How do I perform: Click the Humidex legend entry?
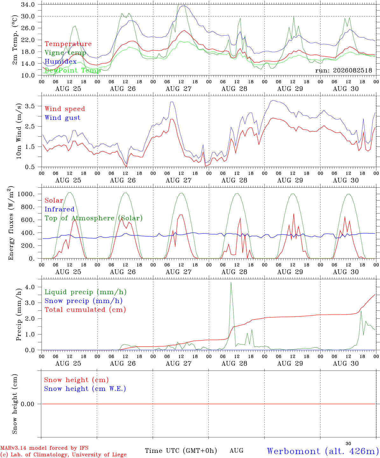[60, 61]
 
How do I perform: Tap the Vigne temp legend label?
[66, 53]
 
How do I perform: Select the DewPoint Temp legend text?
[73, 70]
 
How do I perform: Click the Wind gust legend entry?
[63, 118]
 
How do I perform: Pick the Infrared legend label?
[60, 209]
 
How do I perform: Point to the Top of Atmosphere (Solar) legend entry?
[94, 218]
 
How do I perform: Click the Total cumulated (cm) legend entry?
[85, 310]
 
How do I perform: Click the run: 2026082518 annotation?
[343, 70]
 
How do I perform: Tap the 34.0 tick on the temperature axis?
[28, 4]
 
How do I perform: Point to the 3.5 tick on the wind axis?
[30, 106]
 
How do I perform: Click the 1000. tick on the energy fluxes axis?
[26, 194]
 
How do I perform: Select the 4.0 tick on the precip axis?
[30, 287]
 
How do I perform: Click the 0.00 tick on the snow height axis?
[27, 404]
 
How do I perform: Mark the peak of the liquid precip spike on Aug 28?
[231, 282]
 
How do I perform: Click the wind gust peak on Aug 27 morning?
[172, 102]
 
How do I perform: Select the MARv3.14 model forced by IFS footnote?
[44, 448]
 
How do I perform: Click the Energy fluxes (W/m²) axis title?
[11, 223]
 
